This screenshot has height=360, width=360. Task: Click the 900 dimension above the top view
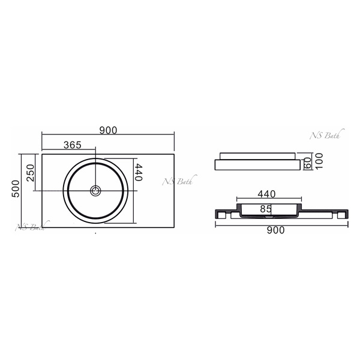(x=108, y=130)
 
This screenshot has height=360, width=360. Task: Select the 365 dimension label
(x=73, y=145)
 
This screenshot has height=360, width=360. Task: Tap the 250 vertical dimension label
(x=30, y=173)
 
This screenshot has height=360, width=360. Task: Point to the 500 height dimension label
(x=16, y=189)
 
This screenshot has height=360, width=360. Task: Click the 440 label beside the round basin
(x=139, y=172)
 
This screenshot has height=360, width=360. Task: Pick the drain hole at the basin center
(x=95, y=191)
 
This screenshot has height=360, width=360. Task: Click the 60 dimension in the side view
(x=308, y=163)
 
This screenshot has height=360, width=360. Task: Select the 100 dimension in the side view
(x=319, y=161)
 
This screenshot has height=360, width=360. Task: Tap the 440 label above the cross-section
(x=266, y=194)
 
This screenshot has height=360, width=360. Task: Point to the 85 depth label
(x=266, y=209)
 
